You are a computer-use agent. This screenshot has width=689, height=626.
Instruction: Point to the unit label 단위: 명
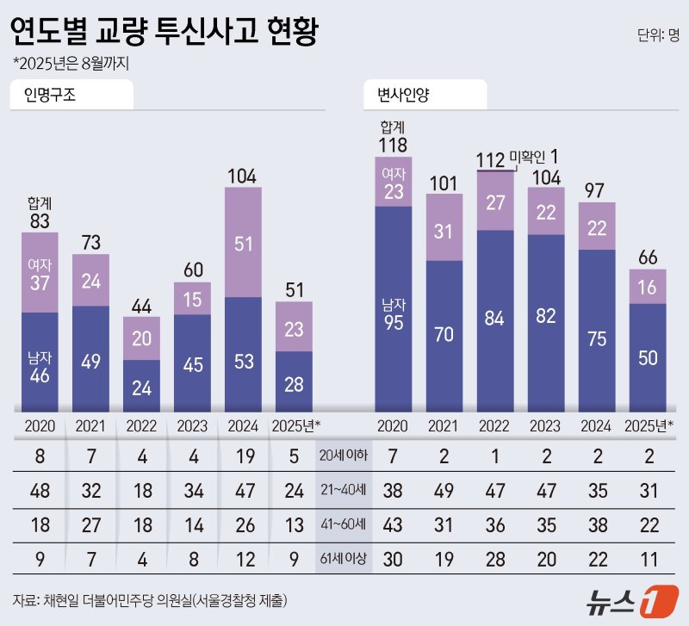coord(658,35)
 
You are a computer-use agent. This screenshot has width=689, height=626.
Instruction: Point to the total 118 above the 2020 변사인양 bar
coord(394,146)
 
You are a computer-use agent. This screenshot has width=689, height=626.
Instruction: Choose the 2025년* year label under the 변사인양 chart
coord(647,425)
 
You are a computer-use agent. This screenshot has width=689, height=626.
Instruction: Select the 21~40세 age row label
coord(343,490)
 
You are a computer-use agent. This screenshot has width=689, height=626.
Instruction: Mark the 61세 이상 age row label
coord(343,558)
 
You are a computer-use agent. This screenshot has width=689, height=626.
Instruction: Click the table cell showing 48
coord(39,490)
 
